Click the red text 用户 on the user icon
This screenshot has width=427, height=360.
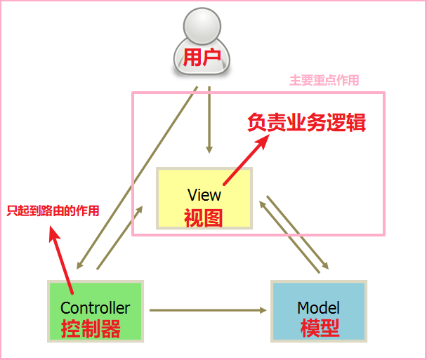pos(202,57)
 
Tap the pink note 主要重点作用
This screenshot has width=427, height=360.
pos(324,81)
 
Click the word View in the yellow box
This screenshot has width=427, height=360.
pos(204,194)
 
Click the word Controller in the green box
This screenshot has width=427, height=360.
pos(95,307)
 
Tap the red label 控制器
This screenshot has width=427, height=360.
pos(91,328)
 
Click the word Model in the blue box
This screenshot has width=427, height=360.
pos(319,307)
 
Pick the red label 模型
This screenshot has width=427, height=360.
pos(320,328)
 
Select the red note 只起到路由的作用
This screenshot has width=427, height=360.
pos(53,211)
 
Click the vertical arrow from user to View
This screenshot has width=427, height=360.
pos(209,119)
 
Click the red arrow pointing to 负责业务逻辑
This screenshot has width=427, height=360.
pos(246,158)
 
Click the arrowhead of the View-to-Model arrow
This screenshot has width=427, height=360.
pos(325,267)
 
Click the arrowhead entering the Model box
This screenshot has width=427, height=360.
pos(265,309)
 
